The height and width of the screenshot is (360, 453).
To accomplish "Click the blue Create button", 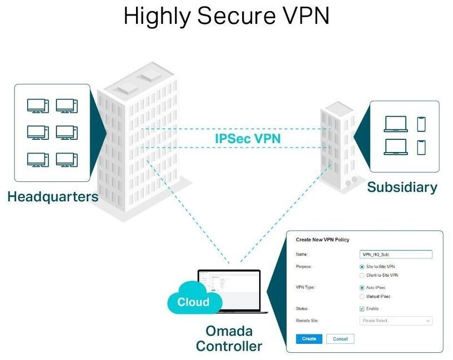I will (x=309, y=338).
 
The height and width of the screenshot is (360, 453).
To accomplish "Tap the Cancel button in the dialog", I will (x=340, y=338).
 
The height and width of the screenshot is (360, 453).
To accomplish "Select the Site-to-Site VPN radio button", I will (x=362, y=267).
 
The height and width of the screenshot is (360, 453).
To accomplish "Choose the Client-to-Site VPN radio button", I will (x=362, y=275).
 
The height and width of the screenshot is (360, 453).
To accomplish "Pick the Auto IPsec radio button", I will (x=362, y=288).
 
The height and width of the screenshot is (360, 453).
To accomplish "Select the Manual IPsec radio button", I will (x=362, y=296).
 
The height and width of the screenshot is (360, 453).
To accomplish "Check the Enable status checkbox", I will (x=362, y=308).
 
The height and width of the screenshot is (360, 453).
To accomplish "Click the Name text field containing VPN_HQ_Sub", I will (x=395, y=254).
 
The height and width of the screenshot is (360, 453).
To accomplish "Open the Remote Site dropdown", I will (x=395, y=321).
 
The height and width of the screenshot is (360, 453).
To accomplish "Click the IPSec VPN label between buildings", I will (x=248, y=138).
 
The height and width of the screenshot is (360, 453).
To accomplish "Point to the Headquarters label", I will (x=53, y=196).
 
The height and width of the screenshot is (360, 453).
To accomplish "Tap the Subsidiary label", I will (x=402, y=187).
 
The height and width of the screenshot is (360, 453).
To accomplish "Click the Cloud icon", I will (x=194, y=301).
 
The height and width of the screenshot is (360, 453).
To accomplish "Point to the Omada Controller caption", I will (x=229, y=339).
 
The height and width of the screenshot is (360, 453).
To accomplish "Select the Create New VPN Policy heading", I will (x=323, y=240).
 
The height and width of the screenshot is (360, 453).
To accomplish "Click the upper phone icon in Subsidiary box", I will (x=421, y=124).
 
